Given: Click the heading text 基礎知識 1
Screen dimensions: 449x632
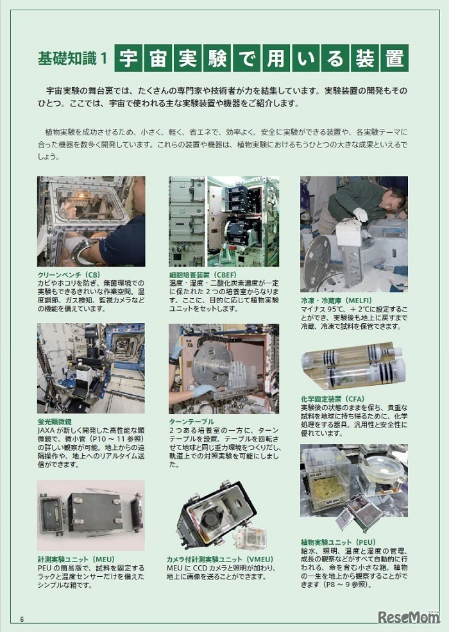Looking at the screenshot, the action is coord(72,58).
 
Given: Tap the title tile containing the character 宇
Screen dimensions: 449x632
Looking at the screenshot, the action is coord(128,58).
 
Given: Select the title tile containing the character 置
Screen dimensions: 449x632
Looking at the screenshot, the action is coord(394,58).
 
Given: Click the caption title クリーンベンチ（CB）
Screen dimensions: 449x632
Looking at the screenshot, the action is coord(69,275).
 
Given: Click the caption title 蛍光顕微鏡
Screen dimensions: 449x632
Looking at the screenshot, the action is coord(55,422).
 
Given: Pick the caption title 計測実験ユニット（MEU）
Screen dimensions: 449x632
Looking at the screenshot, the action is coord(76,560).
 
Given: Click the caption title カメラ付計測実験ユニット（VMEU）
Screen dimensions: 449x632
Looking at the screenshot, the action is coord(220,560).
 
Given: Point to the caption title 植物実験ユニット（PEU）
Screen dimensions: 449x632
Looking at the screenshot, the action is coord(338,542).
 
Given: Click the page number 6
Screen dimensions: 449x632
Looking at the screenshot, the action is coord(22,619).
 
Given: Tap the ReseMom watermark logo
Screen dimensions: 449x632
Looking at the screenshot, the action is coord(408,617).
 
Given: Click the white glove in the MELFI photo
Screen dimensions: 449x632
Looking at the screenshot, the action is coord(360,214).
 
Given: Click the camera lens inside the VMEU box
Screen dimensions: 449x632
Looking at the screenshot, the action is coord(210,520).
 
